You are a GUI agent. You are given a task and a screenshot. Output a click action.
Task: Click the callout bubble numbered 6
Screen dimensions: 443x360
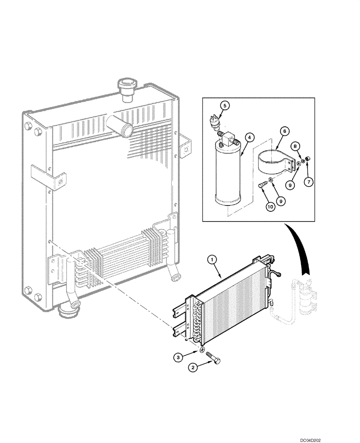tap(284, 131)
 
